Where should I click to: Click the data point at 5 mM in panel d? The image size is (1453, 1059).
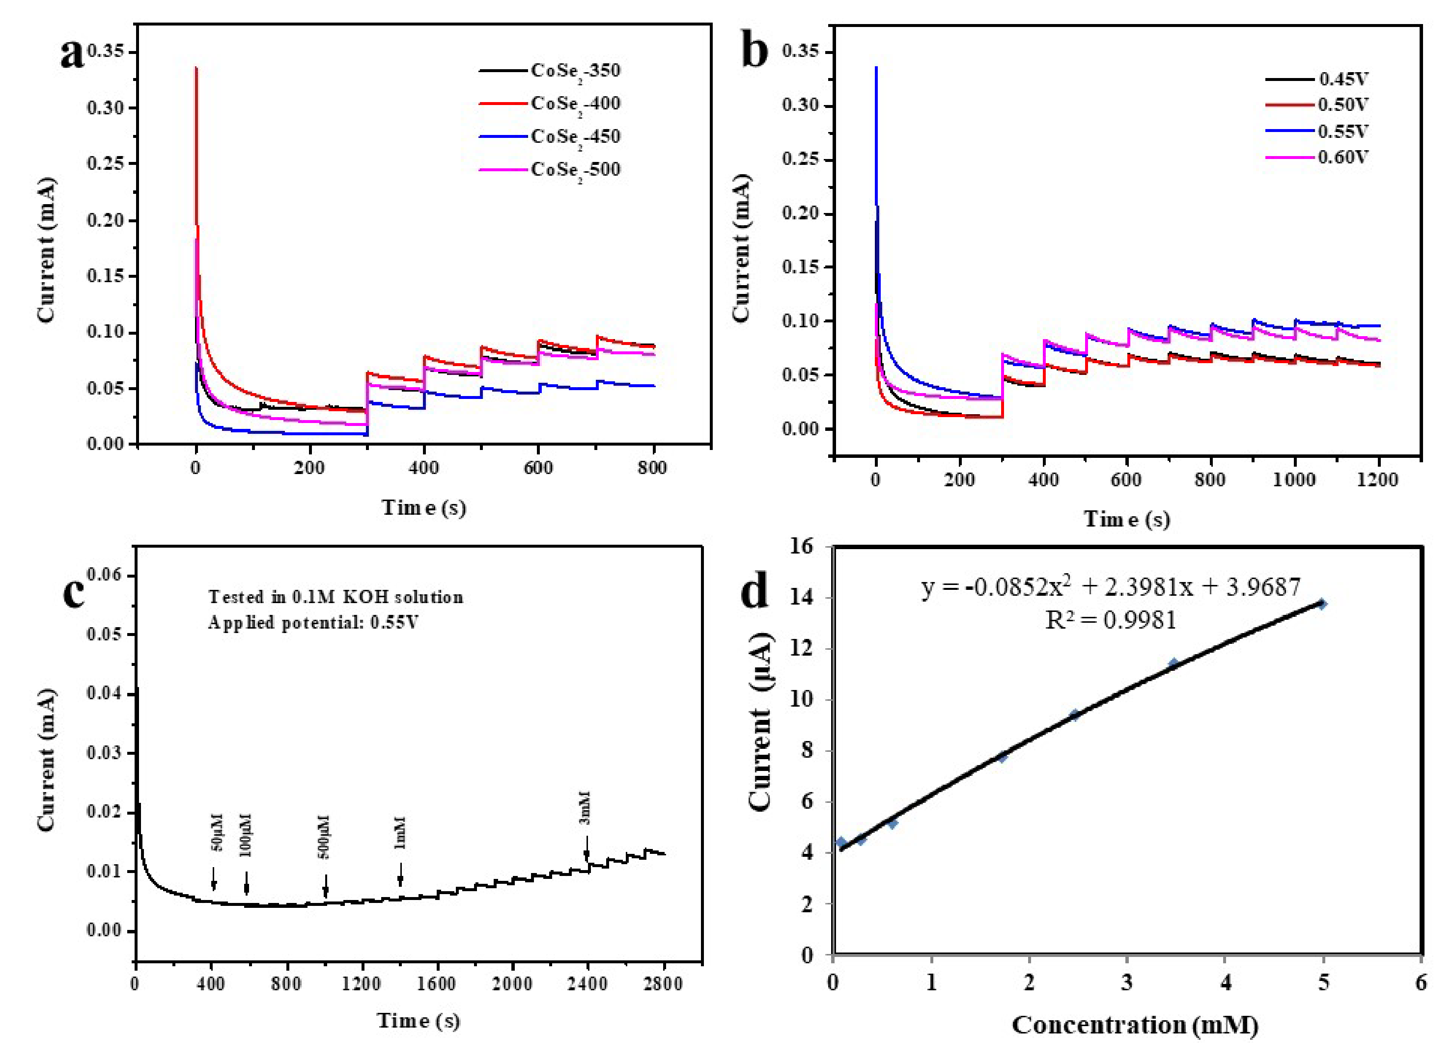[1321, 604]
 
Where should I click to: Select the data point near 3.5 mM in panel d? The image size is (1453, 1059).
[1174, 663]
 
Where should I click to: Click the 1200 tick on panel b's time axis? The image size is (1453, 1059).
[1377, 479]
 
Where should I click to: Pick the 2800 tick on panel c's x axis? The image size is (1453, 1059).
[663, 984]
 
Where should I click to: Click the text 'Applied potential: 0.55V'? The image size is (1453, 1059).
[313, 622]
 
